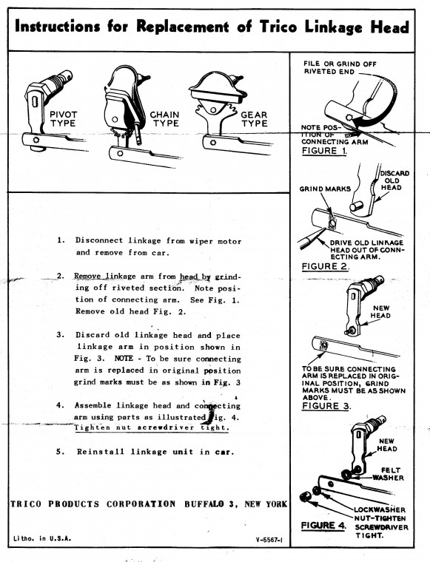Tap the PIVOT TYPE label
pyautogui.click(x=63, y=119)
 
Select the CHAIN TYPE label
pyautogui.click(x=164, y=119)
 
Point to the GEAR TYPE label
pyautogui.click(x=254, y=119)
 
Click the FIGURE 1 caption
pyautogui.click(x=325, y=151)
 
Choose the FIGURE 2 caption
pyautogui.click(x=326, y=266)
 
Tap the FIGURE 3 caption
pyautogui.click(x=326, y=406)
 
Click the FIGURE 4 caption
pyautogui.click(x=324, y=526)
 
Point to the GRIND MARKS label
pyautogui.click(x=325, y=189)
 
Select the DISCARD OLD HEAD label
pyautogui.click(x=394, y=180)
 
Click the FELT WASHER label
pyautogui.click(x=389, y=474)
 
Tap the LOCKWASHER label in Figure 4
pyautogui.click(x=380, y=509)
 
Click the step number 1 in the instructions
pyautogui.click(x=61, y=240)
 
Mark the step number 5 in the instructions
pyautogui.click(x=60, y=452)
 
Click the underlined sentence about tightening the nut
pyautogui.click(x=151, y=427)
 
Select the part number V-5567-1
pyautogui.click(x=269, y=538)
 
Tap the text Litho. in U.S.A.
pyautogui.click(x=42, y=538)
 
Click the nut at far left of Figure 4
pyautogui.click(x=305, y=498)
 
